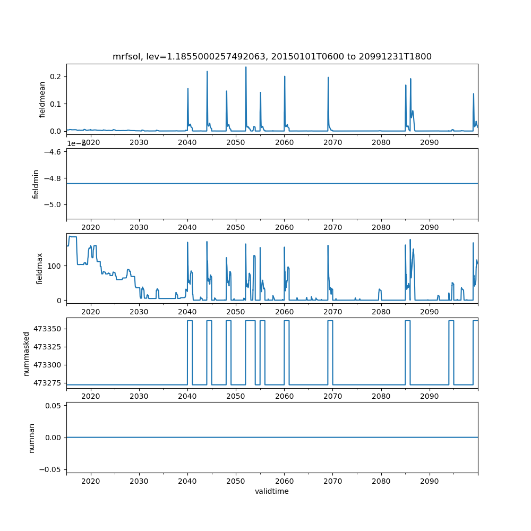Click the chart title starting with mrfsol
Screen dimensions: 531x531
coord(272,56)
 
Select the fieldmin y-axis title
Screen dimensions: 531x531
coord(36,184)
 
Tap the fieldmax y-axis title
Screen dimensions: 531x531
coord(39,268)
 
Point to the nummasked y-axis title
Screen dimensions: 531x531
coord(26,353)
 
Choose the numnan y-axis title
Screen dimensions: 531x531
coord(32,438)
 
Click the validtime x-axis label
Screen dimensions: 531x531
coord(272,491)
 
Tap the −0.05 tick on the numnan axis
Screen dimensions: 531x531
coord(52,469)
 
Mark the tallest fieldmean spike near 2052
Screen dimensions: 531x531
coord(246,67)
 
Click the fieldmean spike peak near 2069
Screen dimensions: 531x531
coord(328,78)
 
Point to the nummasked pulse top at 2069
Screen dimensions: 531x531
coord(330,321)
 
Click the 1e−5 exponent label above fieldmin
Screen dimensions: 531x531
coord(76,143)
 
